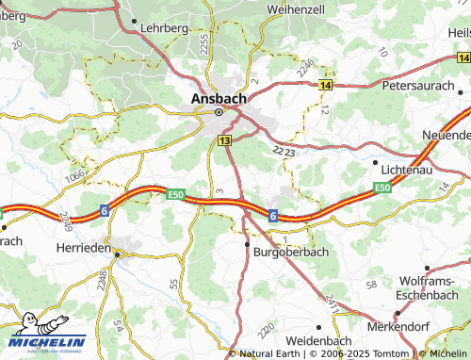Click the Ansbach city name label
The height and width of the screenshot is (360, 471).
[x=219, y=97]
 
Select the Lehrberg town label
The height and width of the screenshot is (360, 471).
[x=163, y=29]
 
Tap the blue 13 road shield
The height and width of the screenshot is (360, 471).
[x=223, y=140]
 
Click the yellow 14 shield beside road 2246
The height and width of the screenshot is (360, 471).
[x=325, y=85]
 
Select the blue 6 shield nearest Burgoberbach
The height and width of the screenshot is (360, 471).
[x=272, y=216]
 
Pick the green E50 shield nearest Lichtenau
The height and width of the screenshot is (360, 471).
[x=382, y=188]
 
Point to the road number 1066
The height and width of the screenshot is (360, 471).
[x=75, y=174]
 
